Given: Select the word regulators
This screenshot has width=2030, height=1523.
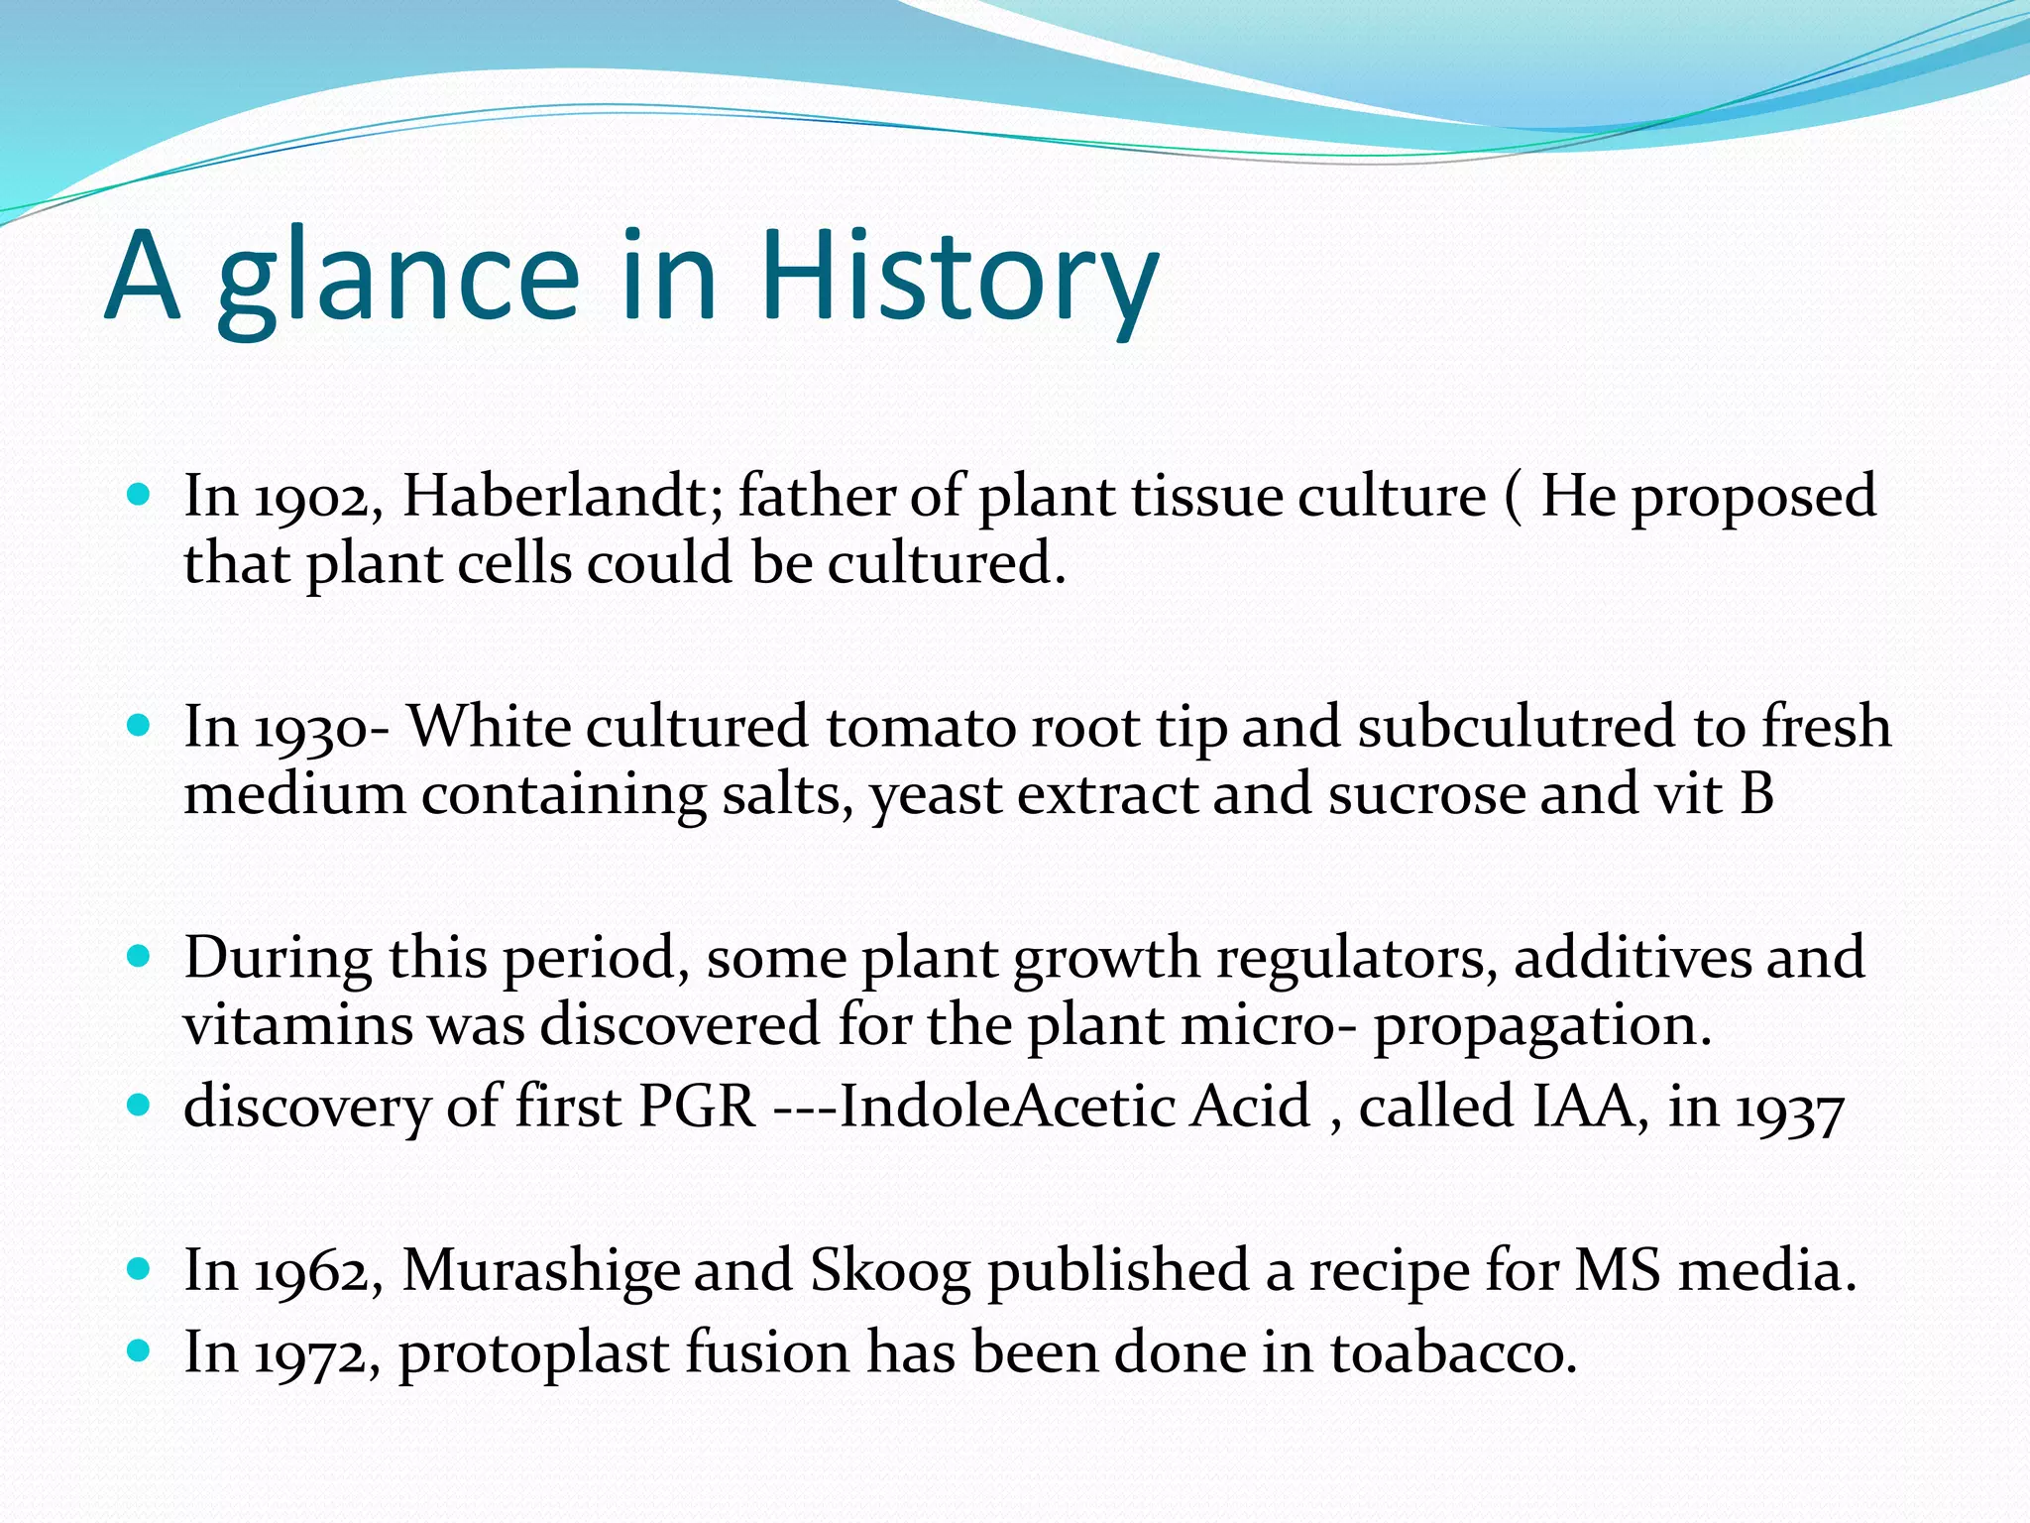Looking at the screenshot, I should pos(1356,960).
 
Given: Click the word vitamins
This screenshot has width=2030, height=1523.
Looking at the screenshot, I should pos(297,1025).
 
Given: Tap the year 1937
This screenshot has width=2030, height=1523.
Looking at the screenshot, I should pos(1789,1111).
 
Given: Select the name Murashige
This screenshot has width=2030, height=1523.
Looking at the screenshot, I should pos(539,1271).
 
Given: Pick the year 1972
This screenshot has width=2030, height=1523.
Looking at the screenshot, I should pos(316,1354).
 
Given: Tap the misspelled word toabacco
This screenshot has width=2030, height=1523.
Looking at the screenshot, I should pos(1452,1352).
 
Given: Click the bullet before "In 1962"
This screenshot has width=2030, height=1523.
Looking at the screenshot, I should pos(140,1268).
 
